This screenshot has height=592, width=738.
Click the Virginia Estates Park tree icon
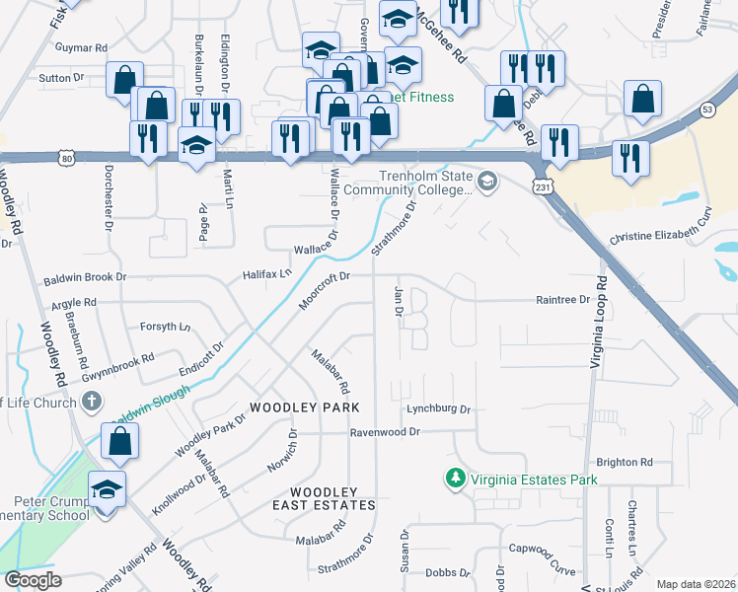(x=455, y=479)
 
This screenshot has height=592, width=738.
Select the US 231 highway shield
(x=541, y=185)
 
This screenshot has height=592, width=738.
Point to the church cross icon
(x=92, y=401)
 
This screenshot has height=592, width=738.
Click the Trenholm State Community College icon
(x=487, y=182)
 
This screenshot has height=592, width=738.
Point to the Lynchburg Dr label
(x=439, y=408)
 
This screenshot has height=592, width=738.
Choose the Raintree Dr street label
(x=561, y=299)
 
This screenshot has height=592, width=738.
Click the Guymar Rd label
(x=82, y=47)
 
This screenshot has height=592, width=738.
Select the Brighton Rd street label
(x=625, y=462)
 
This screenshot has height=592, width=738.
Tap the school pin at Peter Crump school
(x=107, y=489)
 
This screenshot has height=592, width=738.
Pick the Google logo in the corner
(x=34, y=580)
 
